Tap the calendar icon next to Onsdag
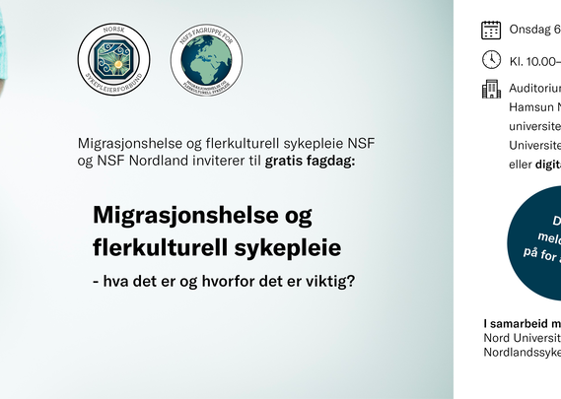[x=491, y=30]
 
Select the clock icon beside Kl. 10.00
[x=491, y=59]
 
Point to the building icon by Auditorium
[x=491, y=90]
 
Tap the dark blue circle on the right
[x=537, y=241]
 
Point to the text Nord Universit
[x=522, y=337]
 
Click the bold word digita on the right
[x=547, y=166]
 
